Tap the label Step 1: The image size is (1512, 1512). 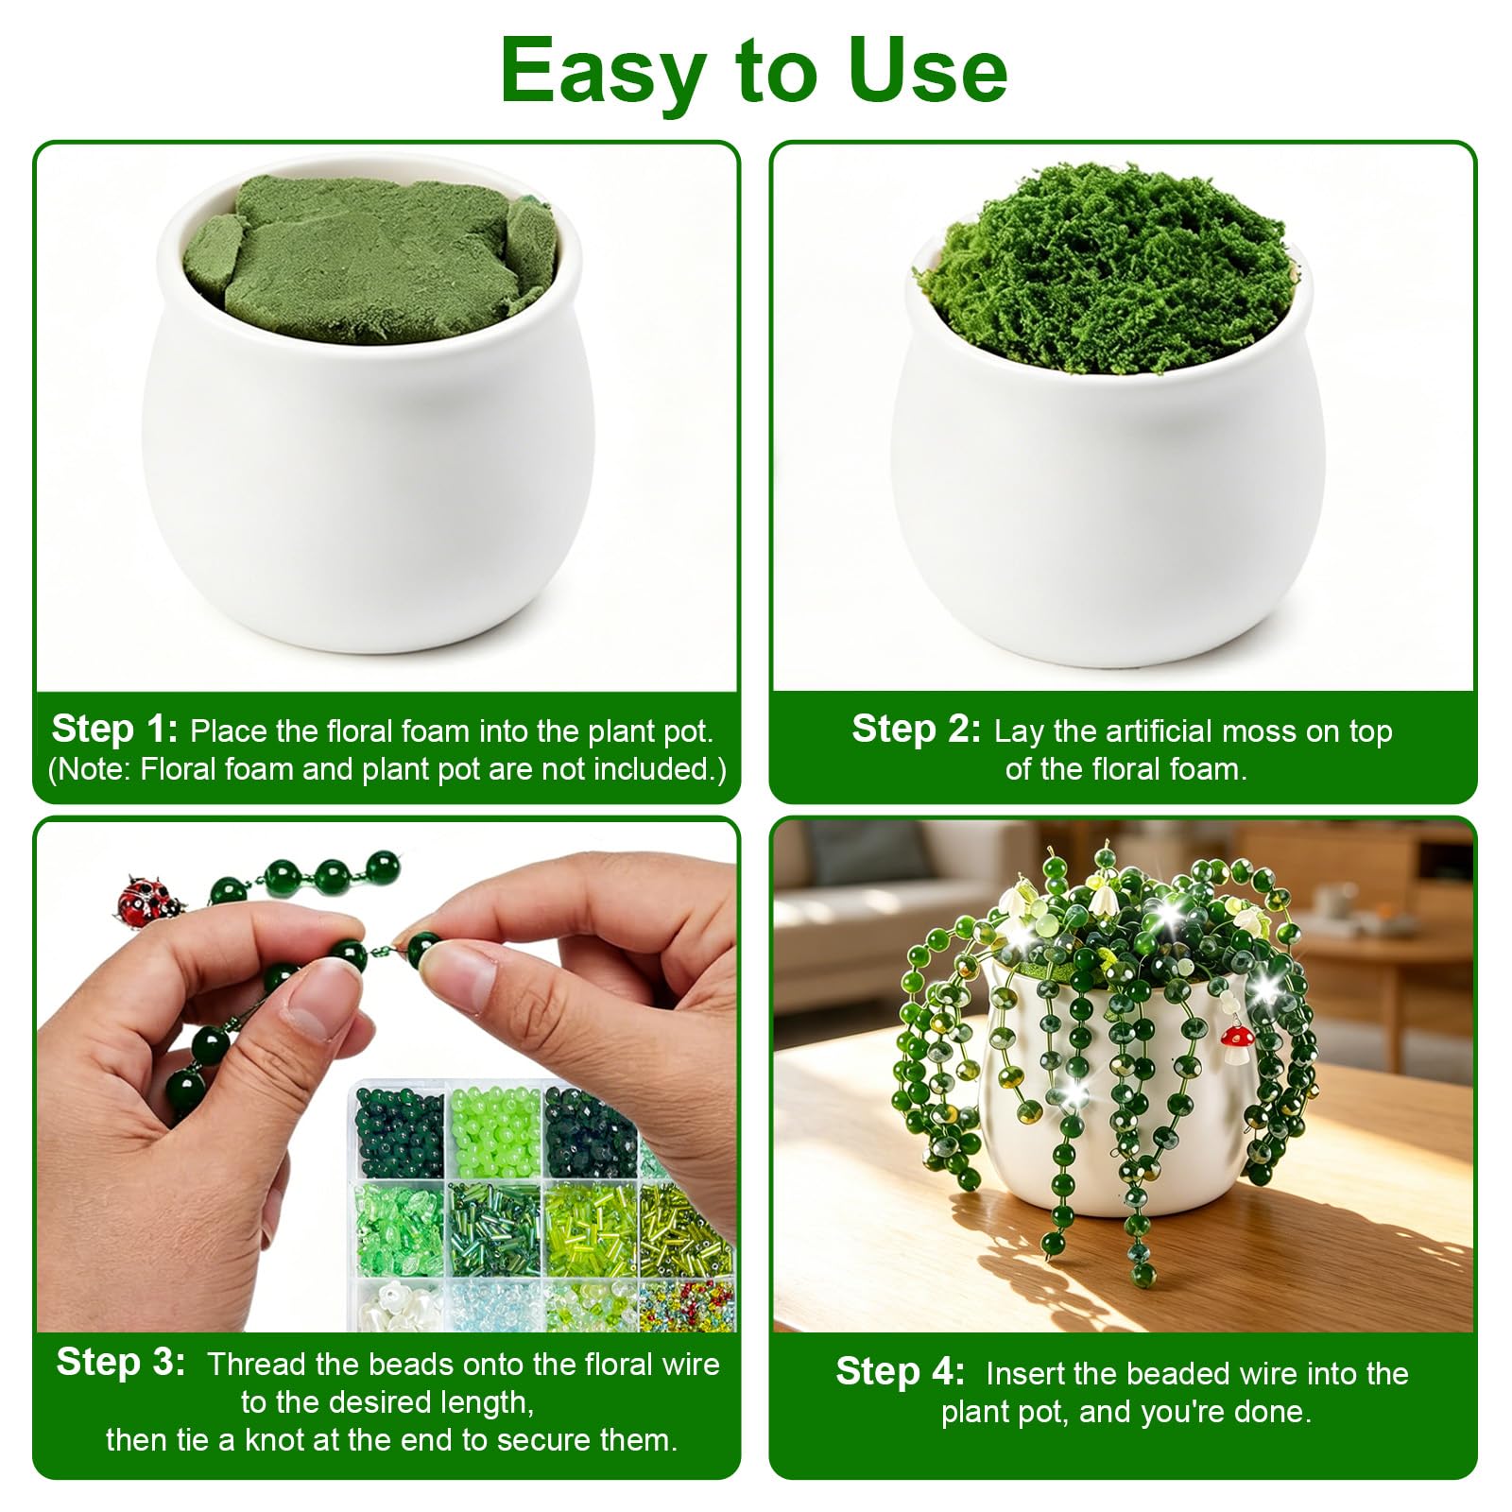pos(114,729)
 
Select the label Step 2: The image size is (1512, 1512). pos(916,729)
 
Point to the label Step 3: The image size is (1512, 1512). pos(120,1362)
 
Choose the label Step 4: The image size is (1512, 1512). pos(900,1371)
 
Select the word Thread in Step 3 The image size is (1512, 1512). pos(257,1365)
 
